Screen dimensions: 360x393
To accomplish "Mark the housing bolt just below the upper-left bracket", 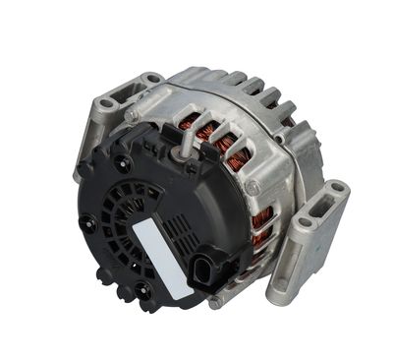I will click(130, 117).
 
